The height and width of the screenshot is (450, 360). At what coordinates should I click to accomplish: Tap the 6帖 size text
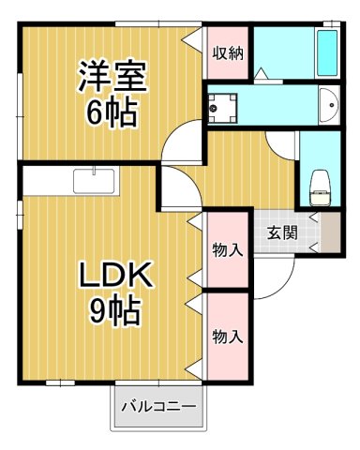click(111, 113)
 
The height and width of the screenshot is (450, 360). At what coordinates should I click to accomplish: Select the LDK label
click(113, 277)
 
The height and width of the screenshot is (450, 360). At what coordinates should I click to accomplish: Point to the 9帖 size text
click(114, 308)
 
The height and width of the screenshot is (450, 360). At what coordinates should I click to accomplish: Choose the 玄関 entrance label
click(281, 233)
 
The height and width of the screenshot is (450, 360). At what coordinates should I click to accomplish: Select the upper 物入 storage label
click(227, 250)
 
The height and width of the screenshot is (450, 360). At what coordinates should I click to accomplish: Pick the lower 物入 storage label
click(227, 336)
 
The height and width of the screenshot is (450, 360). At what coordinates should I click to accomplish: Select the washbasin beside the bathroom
click(327, 105)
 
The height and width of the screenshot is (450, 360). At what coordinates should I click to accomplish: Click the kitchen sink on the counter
click(94, 179)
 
